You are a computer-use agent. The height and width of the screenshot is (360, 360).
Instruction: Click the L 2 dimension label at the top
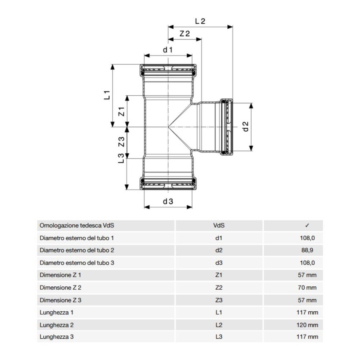click(200, 21)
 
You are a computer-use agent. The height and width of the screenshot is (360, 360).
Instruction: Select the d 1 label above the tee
click(168, 50)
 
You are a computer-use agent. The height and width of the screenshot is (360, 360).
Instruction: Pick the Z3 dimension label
click(121, 142)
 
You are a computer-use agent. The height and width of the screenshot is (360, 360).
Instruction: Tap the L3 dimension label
click(121, 158)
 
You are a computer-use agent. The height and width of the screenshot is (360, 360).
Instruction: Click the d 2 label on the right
click(245, 126)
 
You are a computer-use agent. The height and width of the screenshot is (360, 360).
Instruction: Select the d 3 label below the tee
click(168, 202)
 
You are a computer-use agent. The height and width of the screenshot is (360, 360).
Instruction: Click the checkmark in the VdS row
click(307, 226)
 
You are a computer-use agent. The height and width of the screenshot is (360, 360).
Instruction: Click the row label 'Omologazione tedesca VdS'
click(77, 226)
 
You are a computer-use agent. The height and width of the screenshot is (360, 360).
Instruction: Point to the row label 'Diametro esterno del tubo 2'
click(77, 250)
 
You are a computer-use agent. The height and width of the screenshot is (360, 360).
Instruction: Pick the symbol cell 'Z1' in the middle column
click(219, 275)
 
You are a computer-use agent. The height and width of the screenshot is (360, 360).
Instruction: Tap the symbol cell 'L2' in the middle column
click(219, 325)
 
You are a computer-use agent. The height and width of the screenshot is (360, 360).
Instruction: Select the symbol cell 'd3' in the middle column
click(219, 263)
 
